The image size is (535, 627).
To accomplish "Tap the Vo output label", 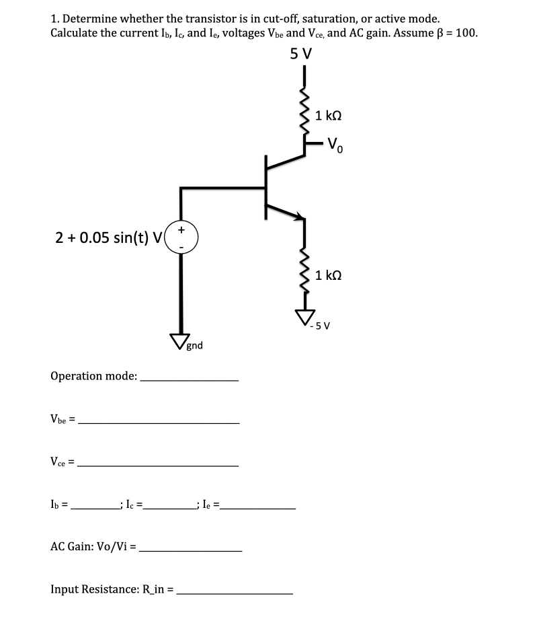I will [335, 145].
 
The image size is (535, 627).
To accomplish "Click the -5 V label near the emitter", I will [320, 327].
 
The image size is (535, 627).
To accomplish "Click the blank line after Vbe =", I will [159, 421].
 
